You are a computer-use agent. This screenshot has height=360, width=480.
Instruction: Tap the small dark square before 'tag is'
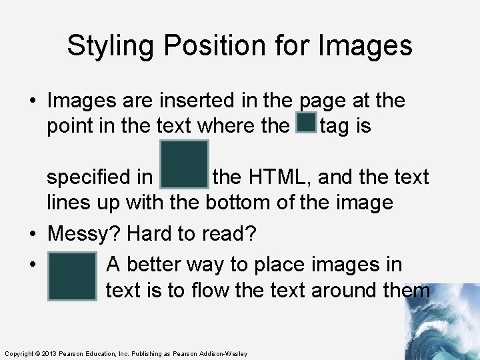coord(306,123)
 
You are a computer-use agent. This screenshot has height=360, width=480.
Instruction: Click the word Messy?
coord(83,234)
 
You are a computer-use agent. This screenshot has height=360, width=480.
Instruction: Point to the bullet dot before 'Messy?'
coord(32,235)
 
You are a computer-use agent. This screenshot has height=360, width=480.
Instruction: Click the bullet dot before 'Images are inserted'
coord(32,101)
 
